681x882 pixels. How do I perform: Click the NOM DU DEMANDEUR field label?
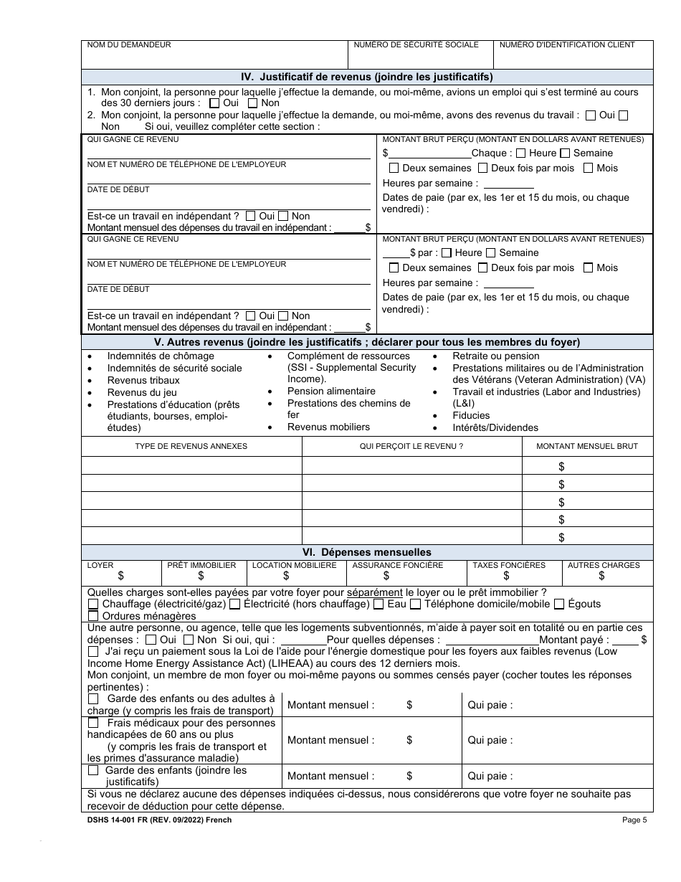[129, 44]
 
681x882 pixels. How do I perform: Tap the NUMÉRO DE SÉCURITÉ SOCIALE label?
[416, 44]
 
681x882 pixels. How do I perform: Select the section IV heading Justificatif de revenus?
[367, 77]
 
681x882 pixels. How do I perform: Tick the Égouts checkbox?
[559, 604]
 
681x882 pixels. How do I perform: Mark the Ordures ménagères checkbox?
[93, 616]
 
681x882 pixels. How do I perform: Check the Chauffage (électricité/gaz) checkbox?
[93, 604]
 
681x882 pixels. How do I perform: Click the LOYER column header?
[100, 565]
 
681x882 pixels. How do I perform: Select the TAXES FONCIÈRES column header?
[509, 565]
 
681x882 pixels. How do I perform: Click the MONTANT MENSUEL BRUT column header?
[596, 446]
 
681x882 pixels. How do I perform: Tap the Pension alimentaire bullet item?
[331, 391]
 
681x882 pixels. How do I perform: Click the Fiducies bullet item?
[471, 415]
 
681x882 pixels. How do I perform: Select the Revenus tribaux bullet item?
[143, 380]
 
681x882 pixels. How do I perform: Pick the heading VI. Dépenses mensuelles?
[367, 552]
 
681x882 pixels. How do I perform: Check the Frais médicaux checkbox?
[93, 723]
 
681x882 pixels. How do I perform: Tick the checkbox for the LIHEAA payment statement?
[93, 652]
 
